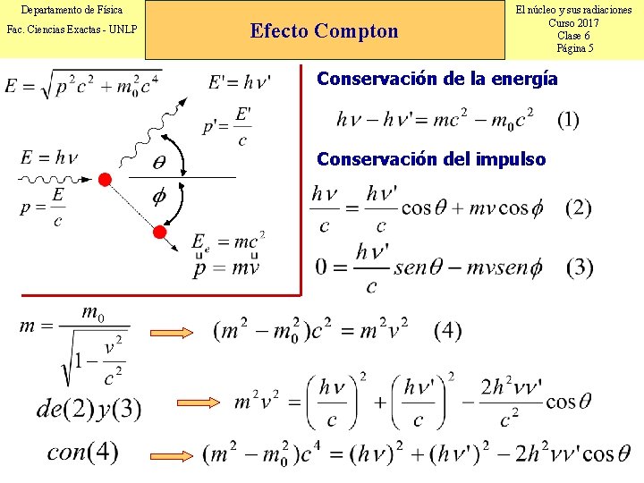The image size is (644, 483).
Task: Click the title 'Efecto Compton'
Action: coord(325,31)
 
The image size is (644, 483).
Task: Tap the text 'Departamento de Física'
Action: coord(72,10)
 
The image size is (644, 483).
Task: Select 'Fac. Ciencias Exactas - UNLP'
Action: coord(72,30)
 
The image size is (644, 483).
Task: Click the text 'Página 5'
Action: coord(574,48)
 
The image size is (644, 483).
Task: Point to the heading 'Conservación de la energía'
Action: coord(437,79)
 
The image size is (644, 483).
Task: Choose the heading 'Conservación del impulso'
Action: coord(431,159)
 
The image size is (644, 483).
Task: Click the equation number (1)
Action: coord(568,120)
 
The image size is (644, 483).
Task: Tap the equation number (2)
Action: coord(579,208)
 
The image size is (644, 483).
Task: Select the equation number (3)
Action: coord(579,267)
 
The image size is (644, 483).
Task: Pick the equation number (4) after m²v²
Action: coord(448,331)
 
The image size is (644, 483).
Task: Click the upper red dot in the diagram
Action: coord(105,180)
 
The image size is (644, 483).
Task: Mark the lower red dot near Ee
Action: coord(159,233)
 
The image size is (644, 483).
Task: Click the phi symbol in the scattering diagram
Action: coord(161,198)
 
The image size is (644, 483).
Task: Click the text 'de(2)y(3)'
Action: coord(89,409)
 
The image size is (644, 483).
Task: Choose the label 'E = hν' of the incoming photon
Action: coord(48,158)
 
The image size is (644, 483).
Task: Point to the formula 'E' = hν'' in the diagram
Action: coord(240,82)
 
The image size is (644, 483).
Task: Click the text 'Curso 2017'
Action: coord(574,23)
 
